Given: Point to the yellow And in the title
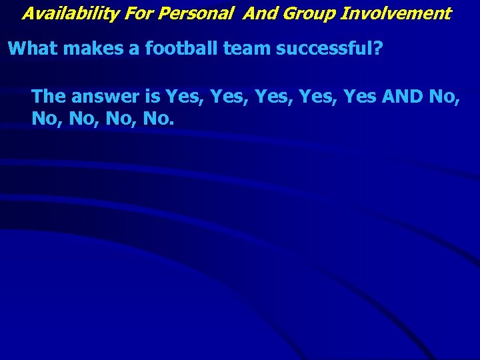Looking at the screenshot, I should coord(260,13).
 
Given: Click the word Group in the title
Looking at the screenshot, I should coord(307,13).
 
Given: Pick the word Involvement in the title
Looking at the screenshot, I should coord(396,13).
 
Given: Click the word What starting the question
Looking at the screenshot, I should coord(31,49).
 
